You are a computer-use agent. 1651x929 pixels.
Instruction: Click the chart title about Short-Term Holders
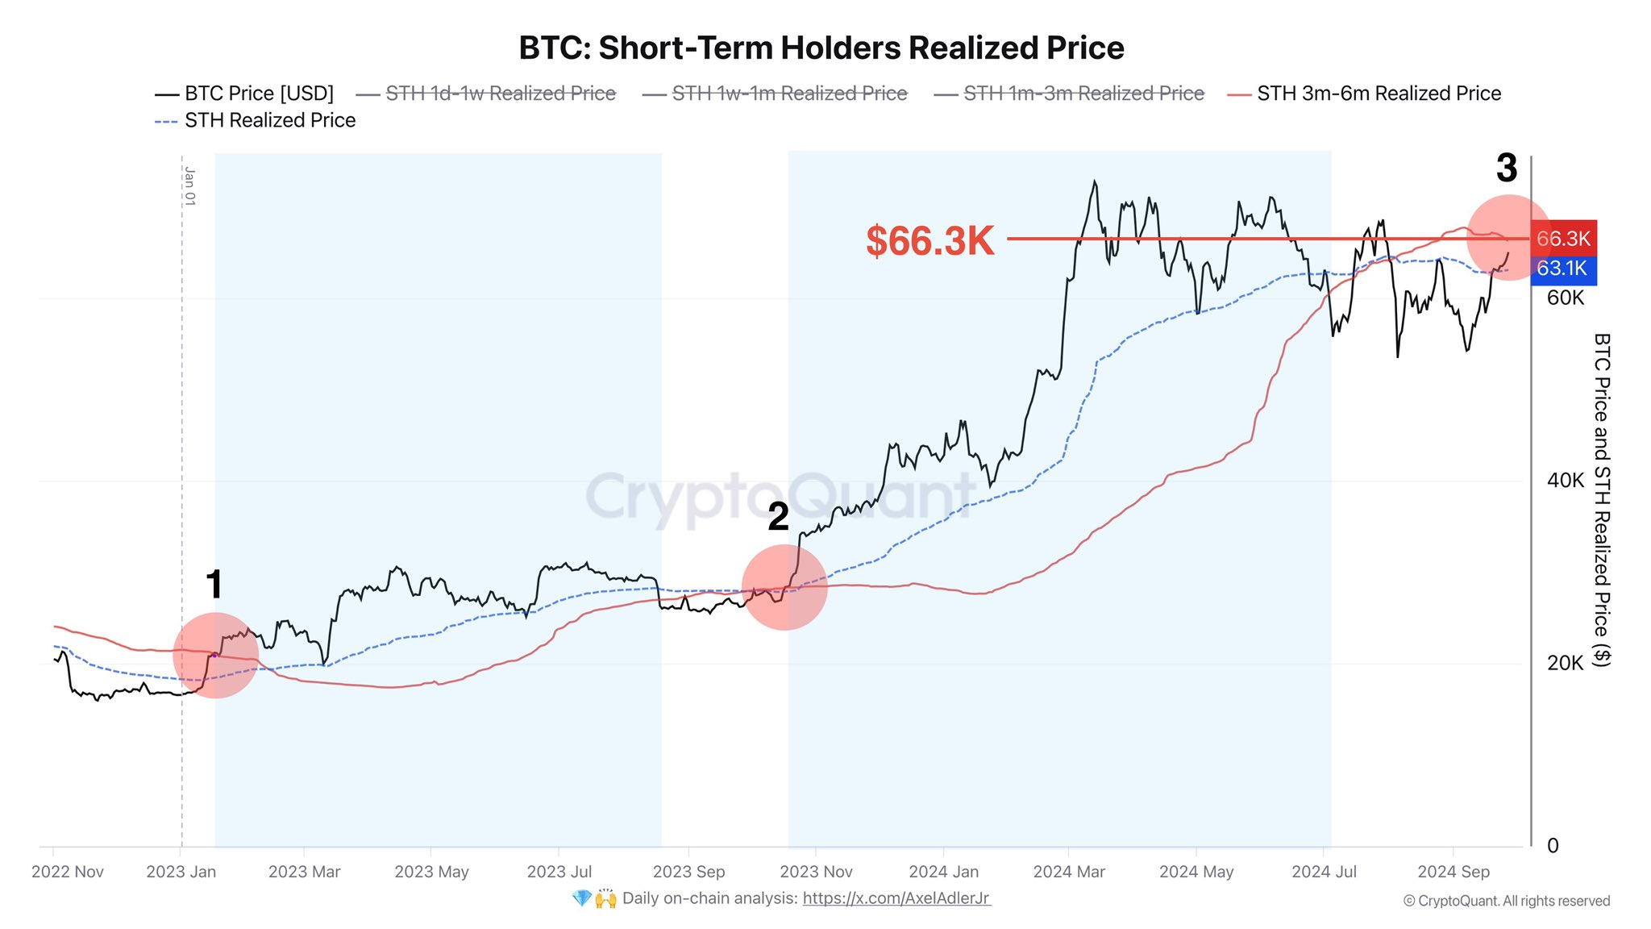[821, 48]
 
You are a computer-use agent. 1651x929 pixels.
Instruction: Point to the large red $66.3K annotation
[930, 240]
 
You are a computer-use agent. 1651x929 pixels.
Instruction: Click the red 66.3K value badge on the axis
[1563, 239]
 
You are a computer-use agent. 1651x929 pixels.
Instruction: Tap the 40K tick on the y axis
[1566, 481]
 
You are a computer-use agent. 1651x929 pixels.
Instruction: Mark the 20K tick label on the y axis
[1566, 663]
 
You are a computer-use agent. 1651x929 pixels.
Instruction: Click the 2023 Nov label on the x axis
[816, 872]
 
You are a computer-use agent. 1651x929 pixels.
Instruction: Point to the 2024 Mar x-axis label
[1069, 872]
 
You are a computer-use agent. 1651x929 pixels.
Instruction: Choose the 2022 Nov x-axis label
[68, 872]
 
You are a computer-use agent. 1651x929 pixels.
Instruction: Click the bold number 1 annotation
[214, 585]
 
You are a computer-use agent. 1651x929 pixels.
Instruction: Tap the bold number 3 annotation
[1507, 169]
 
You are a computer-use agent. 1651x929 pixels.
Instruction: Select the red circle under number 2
[784, 587]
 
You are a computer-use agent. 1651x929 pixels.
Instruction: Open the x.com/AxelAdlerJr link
[896, 898]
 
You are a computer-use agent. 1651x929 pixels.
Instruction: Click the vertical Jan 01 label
[190, 186]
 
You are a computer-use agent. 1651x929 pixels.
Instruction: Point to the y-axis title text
[1602, 500]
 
